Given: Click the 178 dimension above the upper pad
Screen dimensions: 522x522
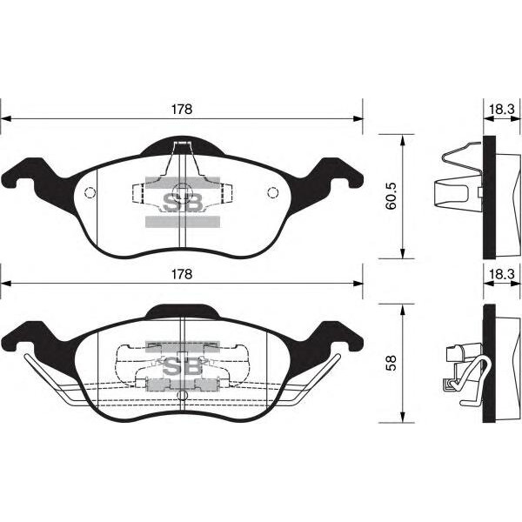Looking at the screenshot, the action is tap(182, 110).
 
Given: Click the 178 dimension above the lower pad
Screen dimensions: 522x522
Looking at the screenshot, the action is tap(182, 274).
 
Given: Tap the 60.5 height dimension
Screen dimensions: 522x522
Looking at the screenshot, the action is tap(391, 196).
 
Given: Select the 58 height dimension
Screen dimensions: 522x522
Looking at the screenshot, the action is tap(391, 363).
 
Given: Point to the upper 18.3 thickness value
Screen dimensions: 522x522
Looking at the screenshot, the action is tap(502, 110).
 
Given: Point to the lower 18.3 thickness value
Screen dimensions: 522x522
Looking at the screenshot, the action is tap(502, 274).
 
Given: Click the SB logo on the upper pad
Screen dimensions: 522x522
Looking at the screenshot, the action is tap(183, 203).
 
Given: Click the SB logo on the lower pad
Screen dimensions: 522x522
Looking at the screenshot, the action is tap(183, 366).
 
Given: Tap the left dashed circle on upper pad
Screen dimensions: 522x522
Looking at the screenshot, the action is tap(90, 193).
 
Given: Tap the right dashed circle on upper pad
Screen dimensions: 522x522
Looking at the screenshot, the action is tap(272, 192).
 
